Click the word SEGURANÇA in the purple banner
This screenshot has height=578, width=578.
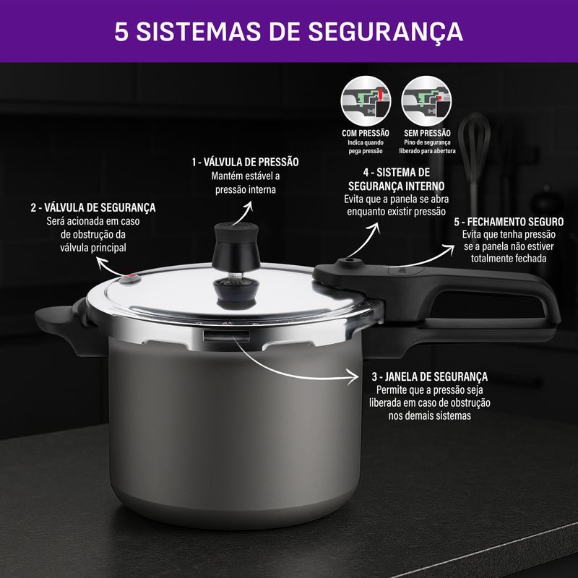pos(386,32)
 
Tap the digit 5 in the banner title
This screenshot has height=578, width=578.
pos(121,31)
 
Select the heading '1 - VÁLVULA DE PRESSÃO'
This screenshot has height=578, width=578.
pos(245,162)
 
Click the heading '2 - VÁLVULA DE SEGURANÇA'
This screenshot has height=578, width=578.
pos(93,207)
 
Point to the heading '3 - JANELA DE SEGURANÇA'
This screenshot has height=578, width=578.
pos(429,376)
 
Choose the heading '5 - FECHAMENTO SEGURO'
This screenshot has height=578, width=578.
pos(509,222)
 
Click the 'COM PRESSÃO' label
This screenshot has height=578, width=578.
pos(366,133)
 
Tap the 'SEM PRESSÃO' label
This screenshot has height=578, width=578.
pos(427,133)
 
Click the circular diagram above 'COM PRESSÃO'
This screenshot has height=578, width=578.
pos(366,101)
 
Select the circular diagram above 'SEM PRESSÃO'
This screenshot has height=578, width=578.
pos(426,101)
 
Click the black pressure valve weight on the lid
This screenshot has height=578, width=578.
pos(236,243)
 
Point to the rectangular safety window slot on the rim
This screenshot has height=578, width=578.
pos(226,336)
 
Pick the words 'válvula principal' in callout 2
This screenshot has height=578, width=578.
pos(93,248)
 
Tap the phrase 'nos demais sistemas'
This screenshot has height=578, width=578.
pos(429,416)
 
